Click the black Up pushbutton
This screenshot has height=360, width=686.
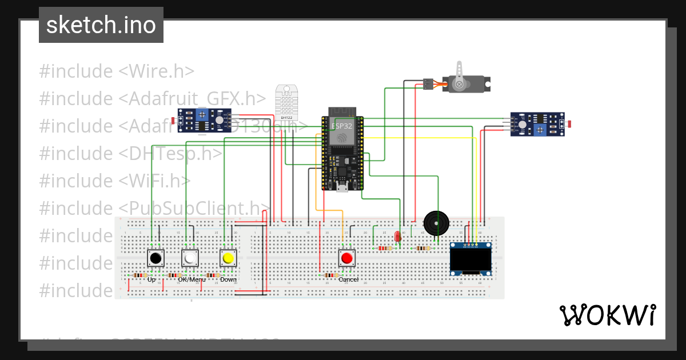tap(155, 258)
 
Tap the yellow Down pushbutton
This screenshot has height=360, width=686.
tap(228, 258)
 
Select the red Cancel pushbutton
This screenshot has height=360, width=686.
tap(346, 258)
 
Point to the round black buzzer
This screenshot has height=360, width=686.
tap(436, 222)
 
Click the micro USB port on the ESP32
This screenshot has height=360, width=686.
tap(342, 187)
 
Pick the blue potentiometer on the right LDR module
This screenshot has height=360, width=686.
tap(539, 130)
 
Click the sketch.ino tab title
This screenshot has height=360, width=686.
tap(101, 25)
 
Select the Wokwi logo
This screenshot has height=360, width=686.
tap(607, 315)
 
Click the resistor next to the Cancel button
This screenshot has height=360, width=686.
tap(329, 275)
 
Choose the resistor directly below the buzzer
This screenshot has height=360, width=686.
tap(423, 248)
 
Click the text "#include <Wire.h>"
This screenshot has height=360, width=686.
tap(117, 71)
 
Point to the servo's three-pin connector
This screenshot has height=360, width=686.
tap(428, 84)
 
